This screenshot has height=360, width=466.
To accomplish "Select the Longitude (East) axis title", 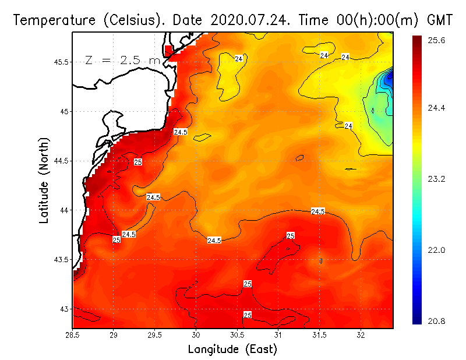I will coord(232,349).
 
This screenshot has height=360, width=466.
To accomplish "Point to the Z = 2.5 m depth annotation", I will coord(123,61).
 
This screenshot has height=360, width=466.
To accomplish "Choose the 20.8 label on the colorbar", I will coord(437,321).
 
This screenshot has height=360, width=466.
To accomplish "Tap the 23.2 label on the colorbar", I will coord(437,179).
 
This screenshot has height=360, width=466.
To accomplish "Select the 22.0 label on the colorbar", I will coord(437,250).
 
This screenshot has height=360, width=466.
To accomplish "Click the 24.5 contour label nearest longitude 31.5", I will coord(318,211).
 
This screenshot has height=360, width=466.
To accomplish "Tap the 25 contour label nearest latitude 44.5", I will coord(138,161).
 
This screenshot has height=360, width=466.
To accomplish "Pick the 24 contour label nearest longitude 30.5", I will coord(239,58).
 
